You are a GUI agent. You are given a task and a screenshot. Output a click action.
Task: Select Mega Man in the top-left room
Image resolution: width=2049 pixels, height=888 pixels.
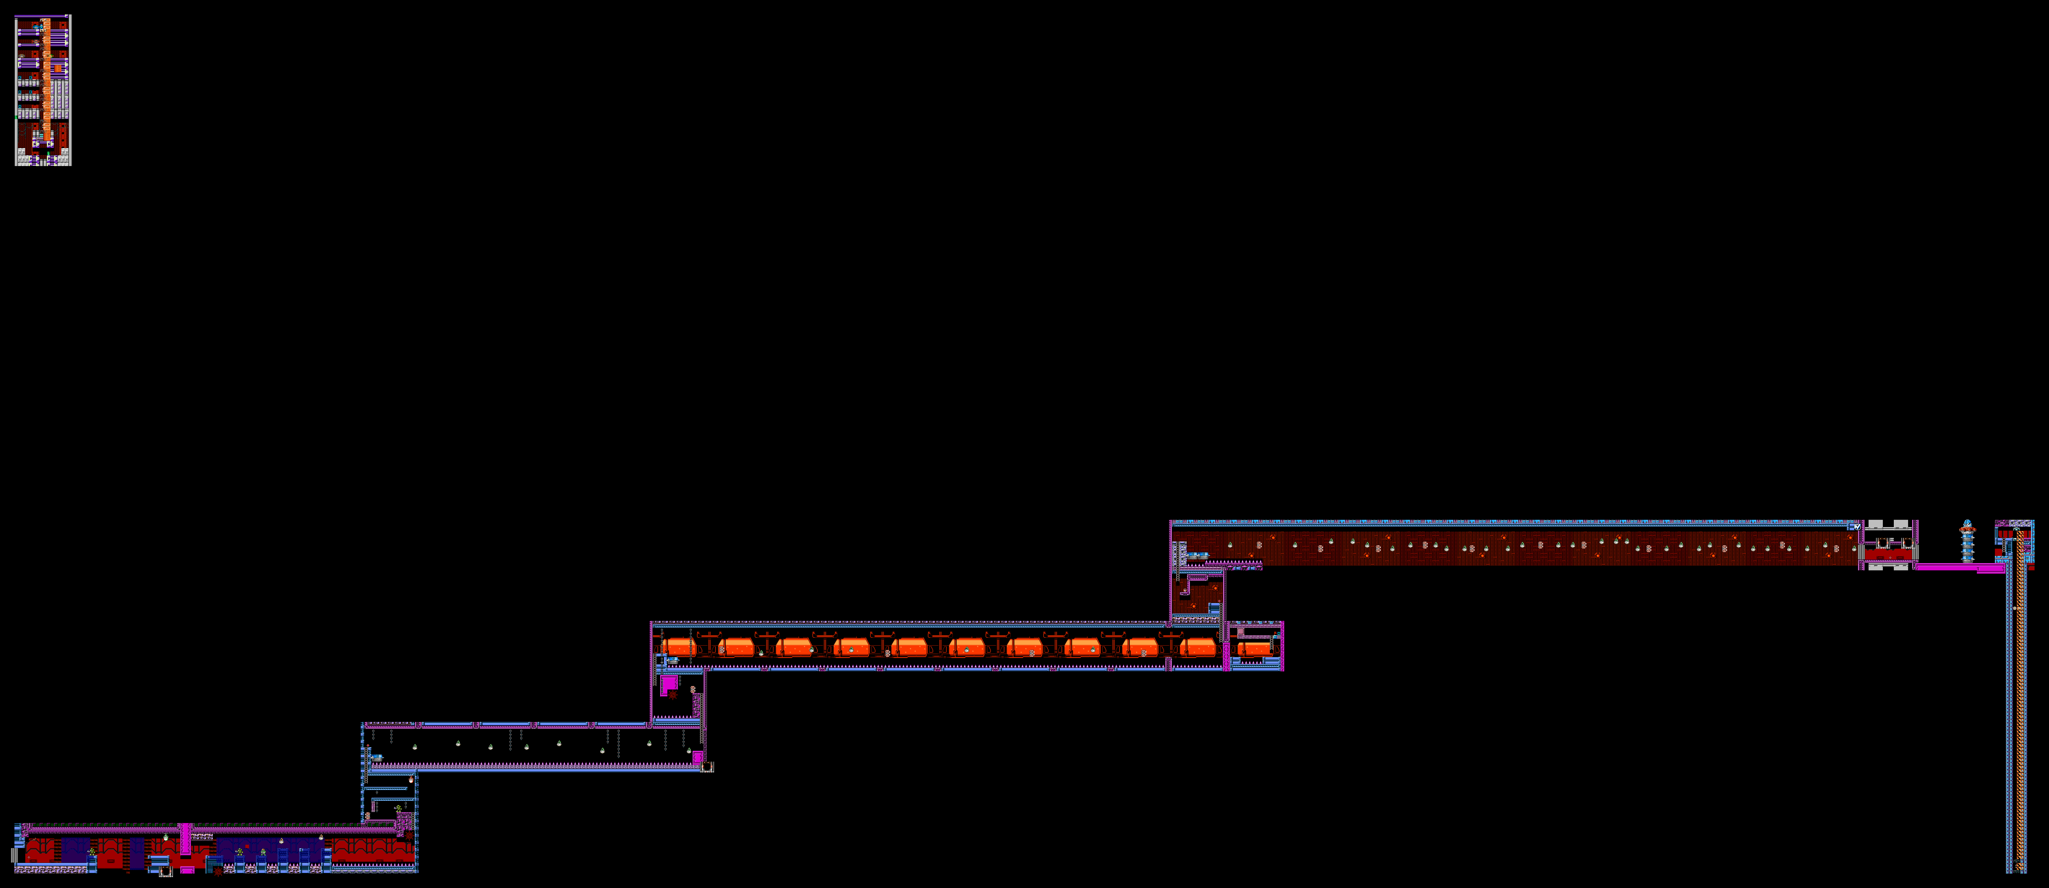37,28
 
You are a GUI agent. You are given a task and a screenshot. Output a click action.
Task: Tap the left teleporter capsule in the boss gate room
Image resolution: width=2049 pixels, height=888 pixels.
1882,543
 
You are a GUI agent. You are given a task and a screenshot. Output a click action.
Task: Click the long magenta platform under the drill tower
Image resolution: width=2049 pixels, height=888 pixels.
1957,567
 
